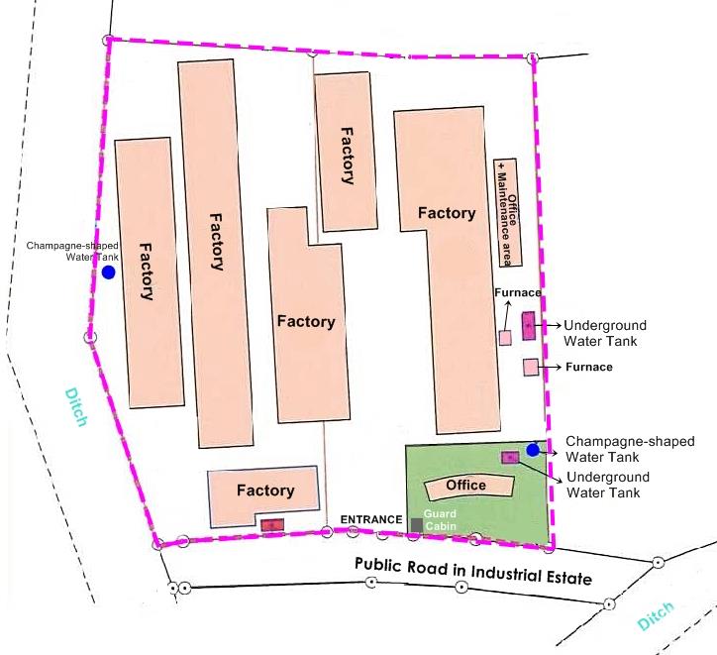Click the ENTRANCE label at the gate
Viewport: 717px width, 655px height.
click(x=371, y=520)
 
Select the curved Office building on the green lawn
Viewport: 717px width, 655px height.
click(x=467, y=486)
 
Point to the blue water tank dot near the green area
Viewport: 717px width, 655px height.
click(x=533, y=450)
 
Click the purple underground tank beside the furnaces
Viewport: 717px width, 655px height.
click(x=528, y=325)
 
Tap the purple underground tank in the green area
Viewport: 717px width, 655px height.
click(x=510, y=457)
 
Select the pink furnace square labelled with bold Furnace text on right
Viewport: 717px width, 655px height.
click(x=531, y=368)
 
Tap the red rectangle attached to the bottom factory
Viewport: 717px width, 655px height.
click(x=271, y=524)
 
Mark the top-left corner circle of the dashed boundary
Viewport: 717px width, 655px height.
click(x=107, y=40)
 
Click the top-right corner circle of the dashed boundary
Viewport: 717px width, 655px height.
click(x=534, y=58)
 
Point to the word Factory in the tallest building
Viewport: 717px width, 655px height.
click(x=216, y=240)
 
